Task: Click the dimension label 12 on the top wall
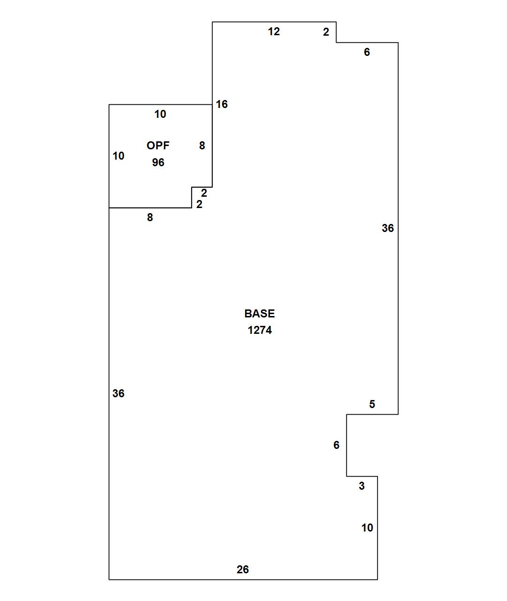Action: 274,31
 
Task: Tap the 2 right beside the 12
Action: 326,32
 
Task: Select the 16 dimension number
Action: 222,104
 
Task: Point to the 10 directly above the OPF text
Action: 160,114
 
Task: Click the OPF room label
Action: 158,146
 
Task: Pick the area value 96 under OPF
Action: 158,162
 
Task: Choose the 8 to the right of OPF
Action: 202,146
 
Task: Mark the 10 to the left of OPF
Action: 118,156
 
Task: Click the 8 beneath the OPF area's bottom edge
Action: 150,217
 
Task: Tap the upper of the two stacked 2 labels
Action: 204,193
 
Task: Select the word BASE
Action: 260,314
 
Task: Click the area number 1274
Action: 260,330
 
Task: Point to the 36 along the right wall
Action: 388,228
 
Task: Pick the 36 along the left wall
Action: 118,393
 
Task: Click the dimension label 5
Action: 372,404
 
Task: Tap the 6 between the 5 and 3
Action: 336,445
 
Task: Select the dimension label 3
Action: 361,486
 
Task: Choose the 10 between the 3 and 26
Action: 367,528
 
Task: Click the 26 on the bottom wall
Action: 243,570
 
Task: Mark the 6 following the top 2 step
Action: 367,52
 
